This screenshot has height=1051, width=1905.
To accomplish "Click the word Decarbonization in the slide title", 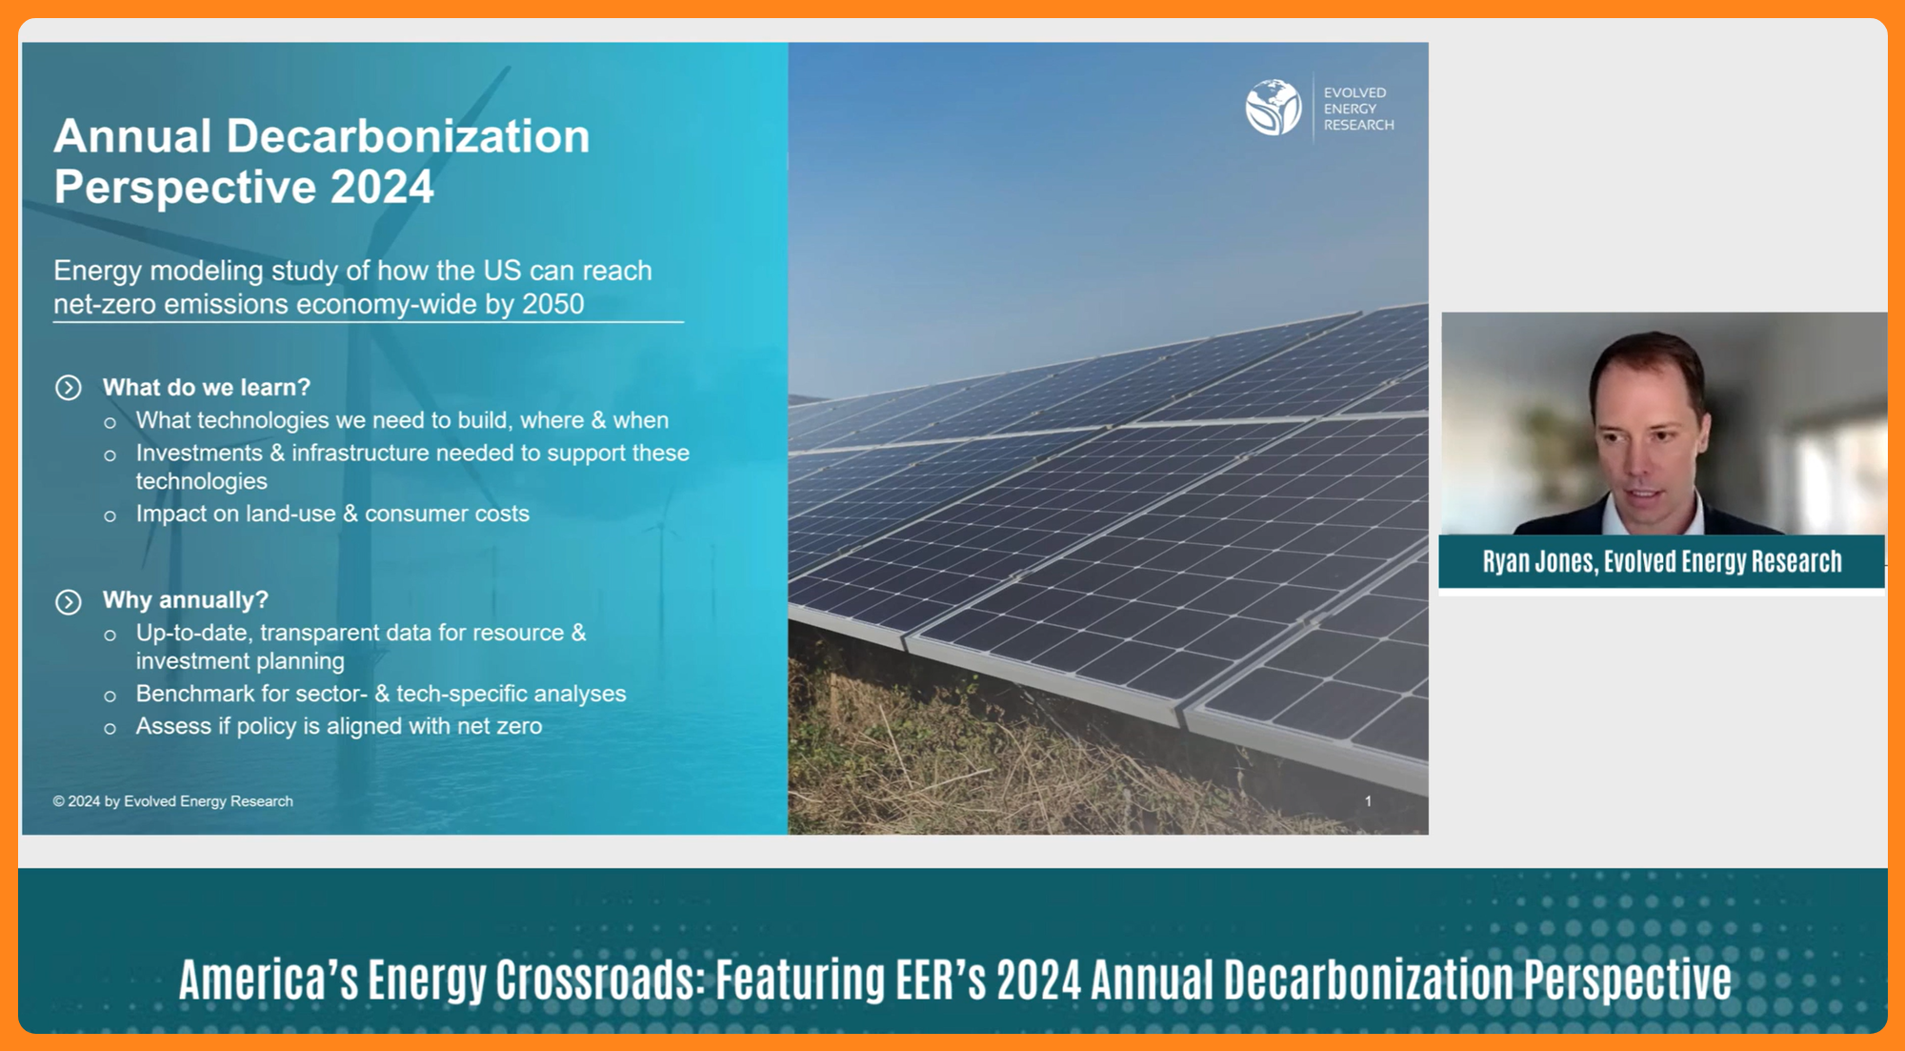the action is click(408, 136).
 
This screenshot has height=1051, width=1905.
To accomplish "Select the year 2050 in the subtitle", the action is click(553, 304).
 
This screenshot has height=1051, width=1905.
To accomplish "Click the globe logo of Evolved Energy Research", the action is click(1273, 107).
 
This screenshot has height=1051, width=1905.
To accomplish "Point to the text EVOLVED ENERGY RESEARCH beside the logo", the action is click(1358, 109).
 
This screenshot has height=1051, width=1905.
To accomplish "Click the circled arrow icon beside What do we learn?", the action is click(69, 388).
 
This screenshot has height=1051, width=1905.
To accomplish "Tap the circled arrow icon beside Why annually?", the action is click(69, 602).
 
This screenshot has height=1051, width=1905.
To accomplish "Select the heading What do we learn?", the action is click(207, 388).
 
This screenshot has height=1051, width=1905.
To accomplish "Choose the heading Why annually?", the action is click(186, 600).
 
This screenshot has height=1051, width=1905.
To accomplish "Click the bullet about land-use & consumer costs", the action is click(332, 514).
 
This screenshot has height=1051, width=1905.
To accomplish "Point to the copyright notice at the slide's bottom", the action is click(172, 801).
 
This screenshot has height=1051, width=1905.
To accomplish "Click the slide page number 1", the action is click(1368, 801).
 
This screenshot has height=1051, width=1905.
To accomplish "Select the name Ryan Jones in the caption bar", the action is click(1538, 562).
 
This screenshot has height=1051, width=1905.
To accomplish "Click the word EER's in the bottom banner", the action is click(939, 980).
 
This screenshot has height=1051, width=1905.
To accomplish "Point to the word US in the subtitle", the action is click(502, 271).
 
